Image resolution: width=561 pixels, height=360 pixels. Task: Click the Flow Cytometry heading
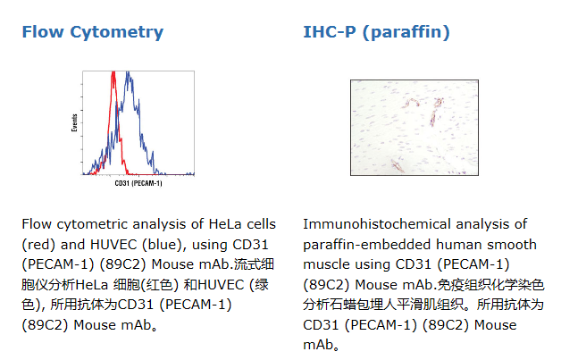coord(93,32)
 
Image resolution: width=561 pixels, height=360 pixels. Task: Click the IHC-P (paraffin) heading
coord(376,32)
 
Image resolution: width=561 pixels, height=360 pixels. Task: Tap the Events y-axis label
coord(74,122)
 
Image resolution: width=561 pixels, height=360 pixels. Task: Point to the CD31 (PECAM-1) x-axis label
coord(138,183)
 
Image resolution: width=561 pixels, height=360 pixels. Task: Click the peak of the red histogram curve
coord(113,72)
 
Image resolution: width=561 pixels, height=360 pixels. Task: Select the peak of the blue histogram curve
coord(128,73)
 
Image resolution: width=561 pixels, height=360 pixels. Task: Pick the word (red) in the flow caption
coord(38,245)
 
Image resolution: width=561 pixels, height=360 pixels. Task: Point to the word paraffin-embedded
coord(367,245)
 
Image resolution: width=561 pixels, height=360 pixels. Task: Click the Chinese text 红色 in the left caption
coord(160,285)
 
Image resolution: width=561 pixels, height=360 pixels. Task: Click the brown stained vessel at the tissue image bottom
coord(397,166)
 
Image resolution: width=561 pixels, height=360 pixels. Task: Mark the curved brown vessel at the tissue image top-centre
coord(413,102)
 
